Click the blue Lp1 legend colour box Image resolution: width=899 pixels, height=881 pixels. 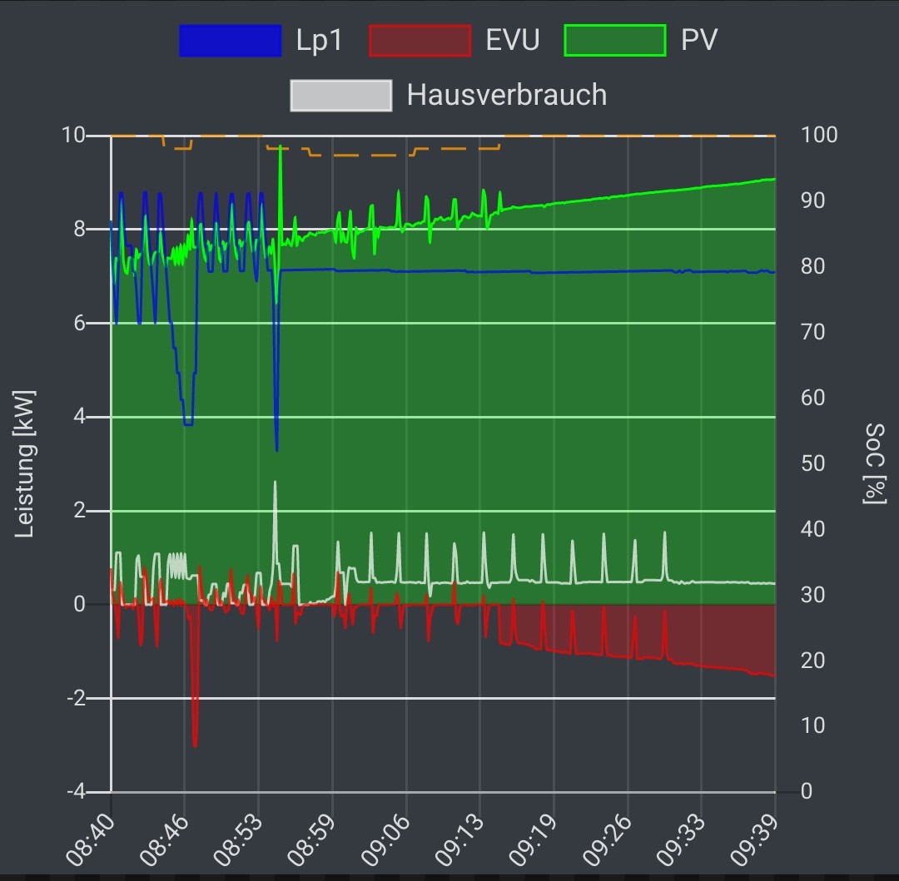pos(231,41)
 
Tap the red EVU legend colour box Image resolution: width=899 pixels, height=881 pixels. pos(420,41)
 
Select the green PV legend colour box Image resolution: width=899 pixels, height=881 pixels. pos(615,41)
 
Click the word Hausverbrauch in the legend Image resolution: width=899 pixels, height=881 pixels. pos(506,95)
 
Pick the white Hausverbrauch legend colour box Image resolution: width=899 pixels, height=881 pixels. pos(341,95)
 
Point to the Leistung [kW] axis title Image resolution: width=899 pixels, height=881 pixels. pos(26,463)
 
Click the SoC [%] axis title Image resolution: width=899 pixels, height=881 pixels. pos(874,463)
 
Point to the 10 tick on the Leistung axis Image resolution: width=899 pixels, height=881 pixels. pos(75,135)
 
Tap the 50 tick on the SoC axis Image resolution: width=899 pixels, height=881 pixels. pos(812,463)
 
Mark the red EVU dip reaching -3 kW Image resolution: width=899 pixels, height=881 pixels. pos(195,743)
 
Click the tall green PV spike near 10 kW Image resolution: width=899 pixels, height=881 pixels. pos(281,150)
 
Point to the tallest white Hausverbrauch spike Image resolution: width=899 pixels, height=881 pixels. pos(275,484)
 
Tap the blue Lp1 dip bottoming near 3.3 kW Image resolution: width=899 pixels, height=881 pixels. pos(276,448)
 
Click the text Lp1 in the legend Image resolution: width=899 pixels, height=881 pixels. pos(319,41)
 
